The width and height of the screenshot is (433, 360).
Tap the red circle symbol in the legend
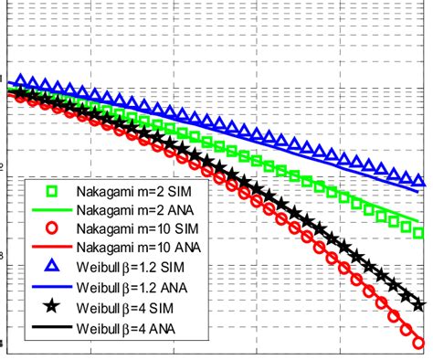(52, 228)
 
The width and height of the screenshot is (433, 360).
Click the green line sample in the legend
(52, 210)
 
